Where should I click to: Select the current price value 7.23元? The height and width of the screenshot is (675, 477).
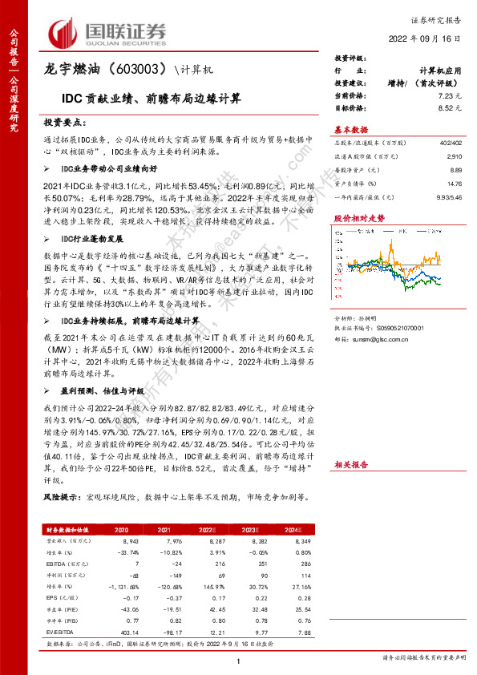(x=449, y=95)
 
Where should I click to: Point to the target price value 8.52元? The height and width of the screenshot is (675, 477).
(x=449, y=107)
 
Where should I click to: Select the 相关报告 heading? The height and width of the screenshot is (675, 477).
(x=350, y=464)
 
